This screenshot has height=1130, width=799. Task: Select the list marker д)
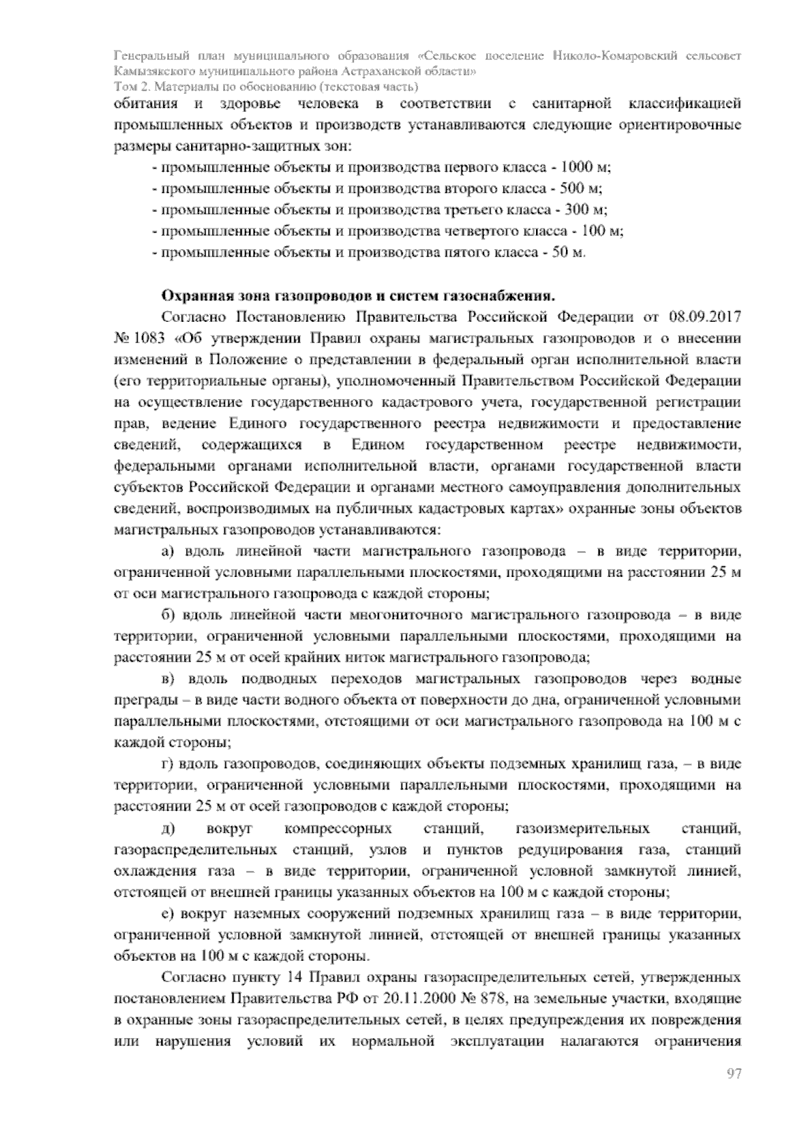pyautogui.click(x=167, y=829)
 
